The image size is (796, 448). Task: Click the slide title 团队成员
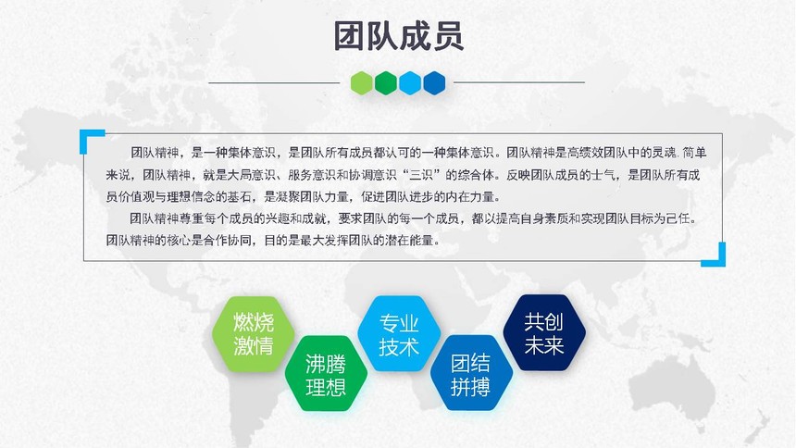click(x=399, y=35)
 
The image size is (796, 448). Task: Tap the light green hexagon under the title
click(x=362, y=82)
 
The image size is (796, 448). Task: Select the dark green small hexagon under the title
click(x=386, y=82)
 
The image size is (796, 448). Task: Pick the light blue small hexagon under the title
click(x=410, y=82)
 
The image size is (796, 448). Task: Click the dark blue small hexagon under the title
click(x=434, y=82)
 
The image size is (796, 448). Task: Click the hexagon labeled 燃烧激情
click(x=254, y=334)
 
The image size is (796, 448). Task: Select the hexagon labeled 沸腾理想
click(x=326, y=374)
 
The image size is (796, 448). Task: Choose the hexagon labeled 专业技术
click(x=399, y=334)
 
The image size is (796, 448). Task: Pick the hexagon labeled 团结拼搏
click(x=471, y=373)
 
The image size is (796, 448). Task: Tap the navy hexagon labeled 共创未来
click(x=544, y=332)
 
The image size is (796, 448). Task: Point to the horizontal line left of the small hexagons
click(x=274, y=82)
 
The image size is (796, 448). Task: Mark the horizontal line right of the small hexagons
click(x=519, y=82)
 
